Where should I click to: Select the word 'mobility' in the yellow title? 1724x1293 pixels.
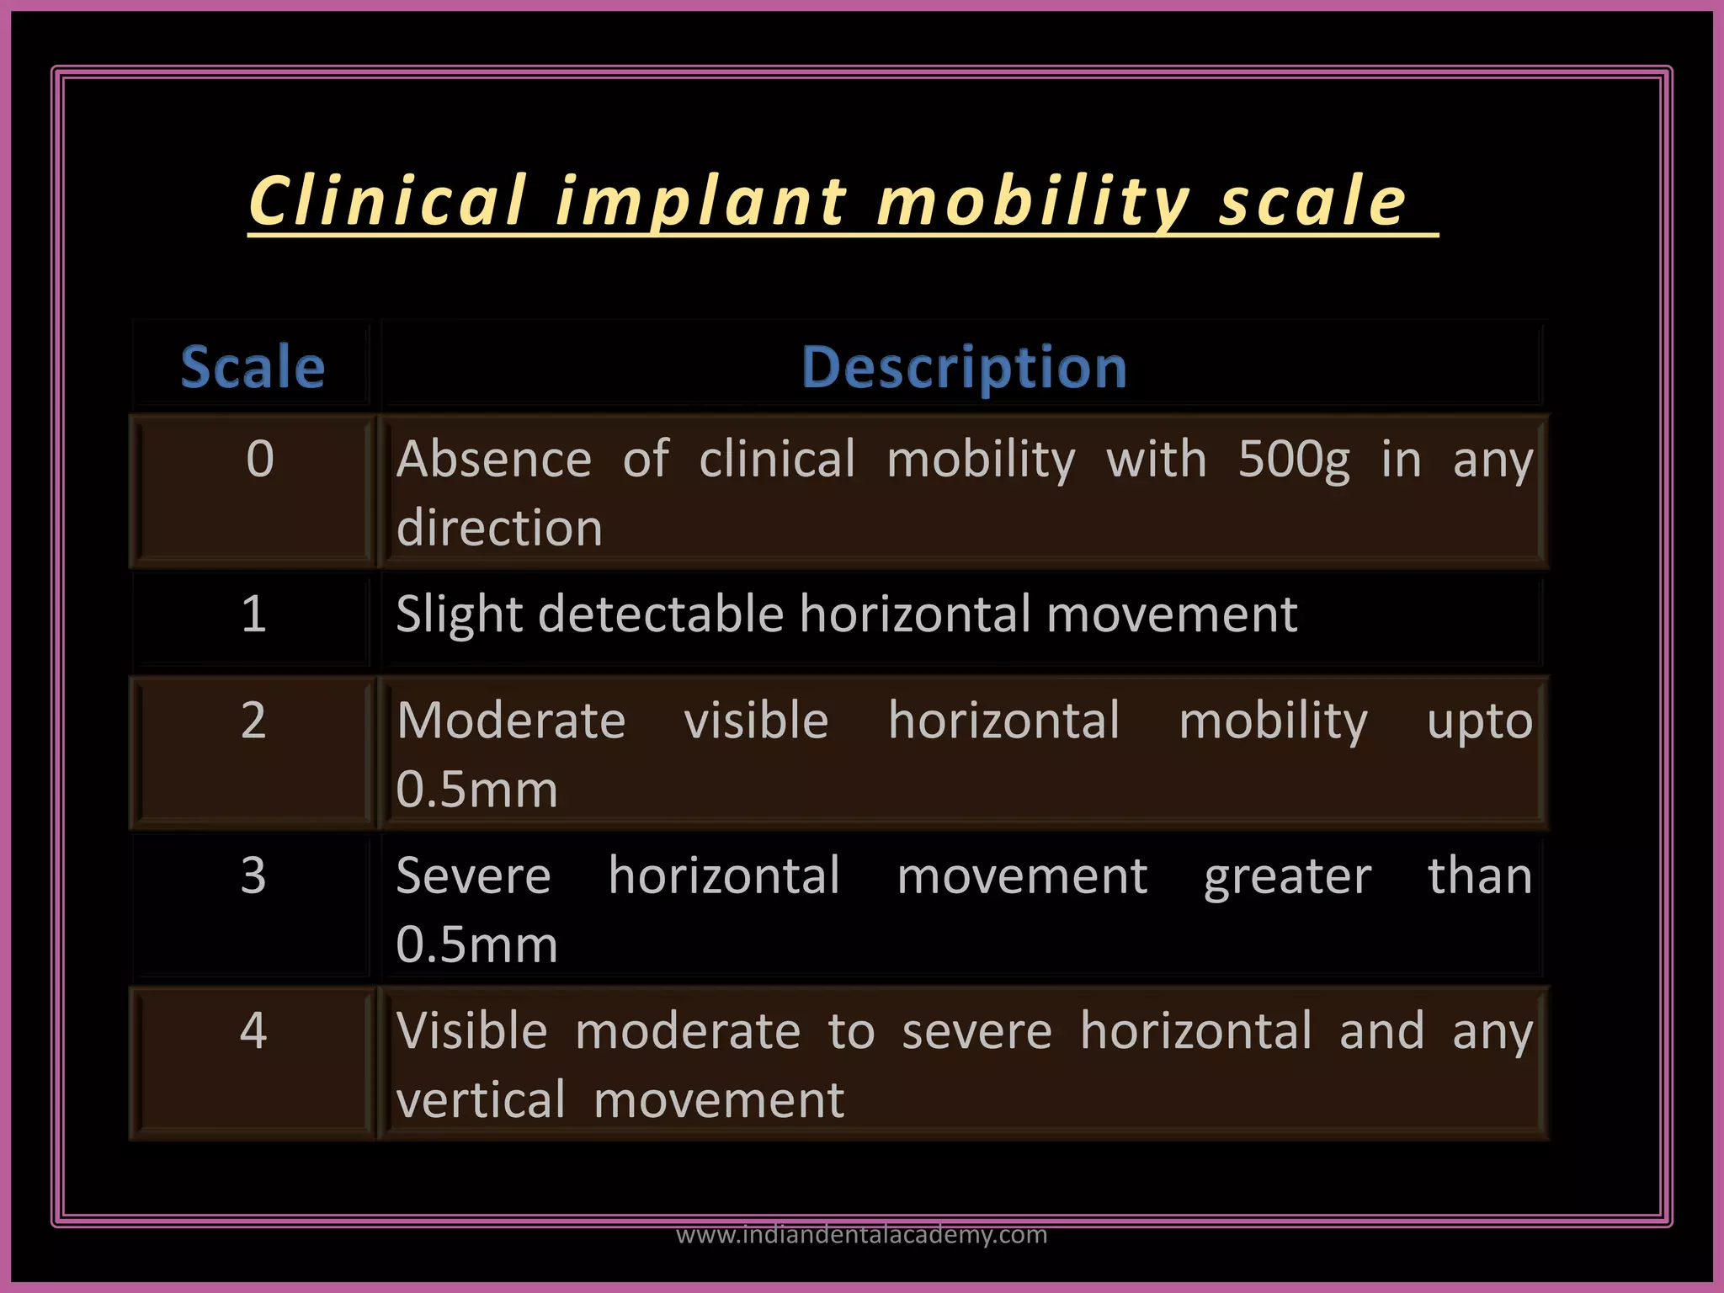tap(1032, 202)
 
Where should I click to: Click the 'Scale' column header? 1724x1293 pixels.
tap(253, 367)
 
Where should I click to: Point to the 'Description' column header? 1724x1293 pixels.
tap(963, 367)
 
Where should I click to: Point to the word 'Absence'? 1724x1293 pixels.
tap(494, 460)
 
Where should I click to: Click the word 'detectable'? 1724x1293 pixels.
tap(661, 614)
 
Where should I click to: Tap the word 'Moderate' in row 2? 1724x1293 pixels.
tap(511, 721)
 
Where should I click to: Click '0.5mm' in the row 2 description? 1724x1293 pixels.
tap(476, 790)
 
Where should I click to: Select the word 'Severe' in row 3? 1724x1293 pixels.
tap(473, 875)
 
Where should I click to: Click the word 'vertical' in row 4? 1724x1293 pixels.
tap(481, 1100)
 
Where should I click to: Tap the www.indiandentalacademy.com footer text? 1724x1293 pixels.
tap(861, 1234)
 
